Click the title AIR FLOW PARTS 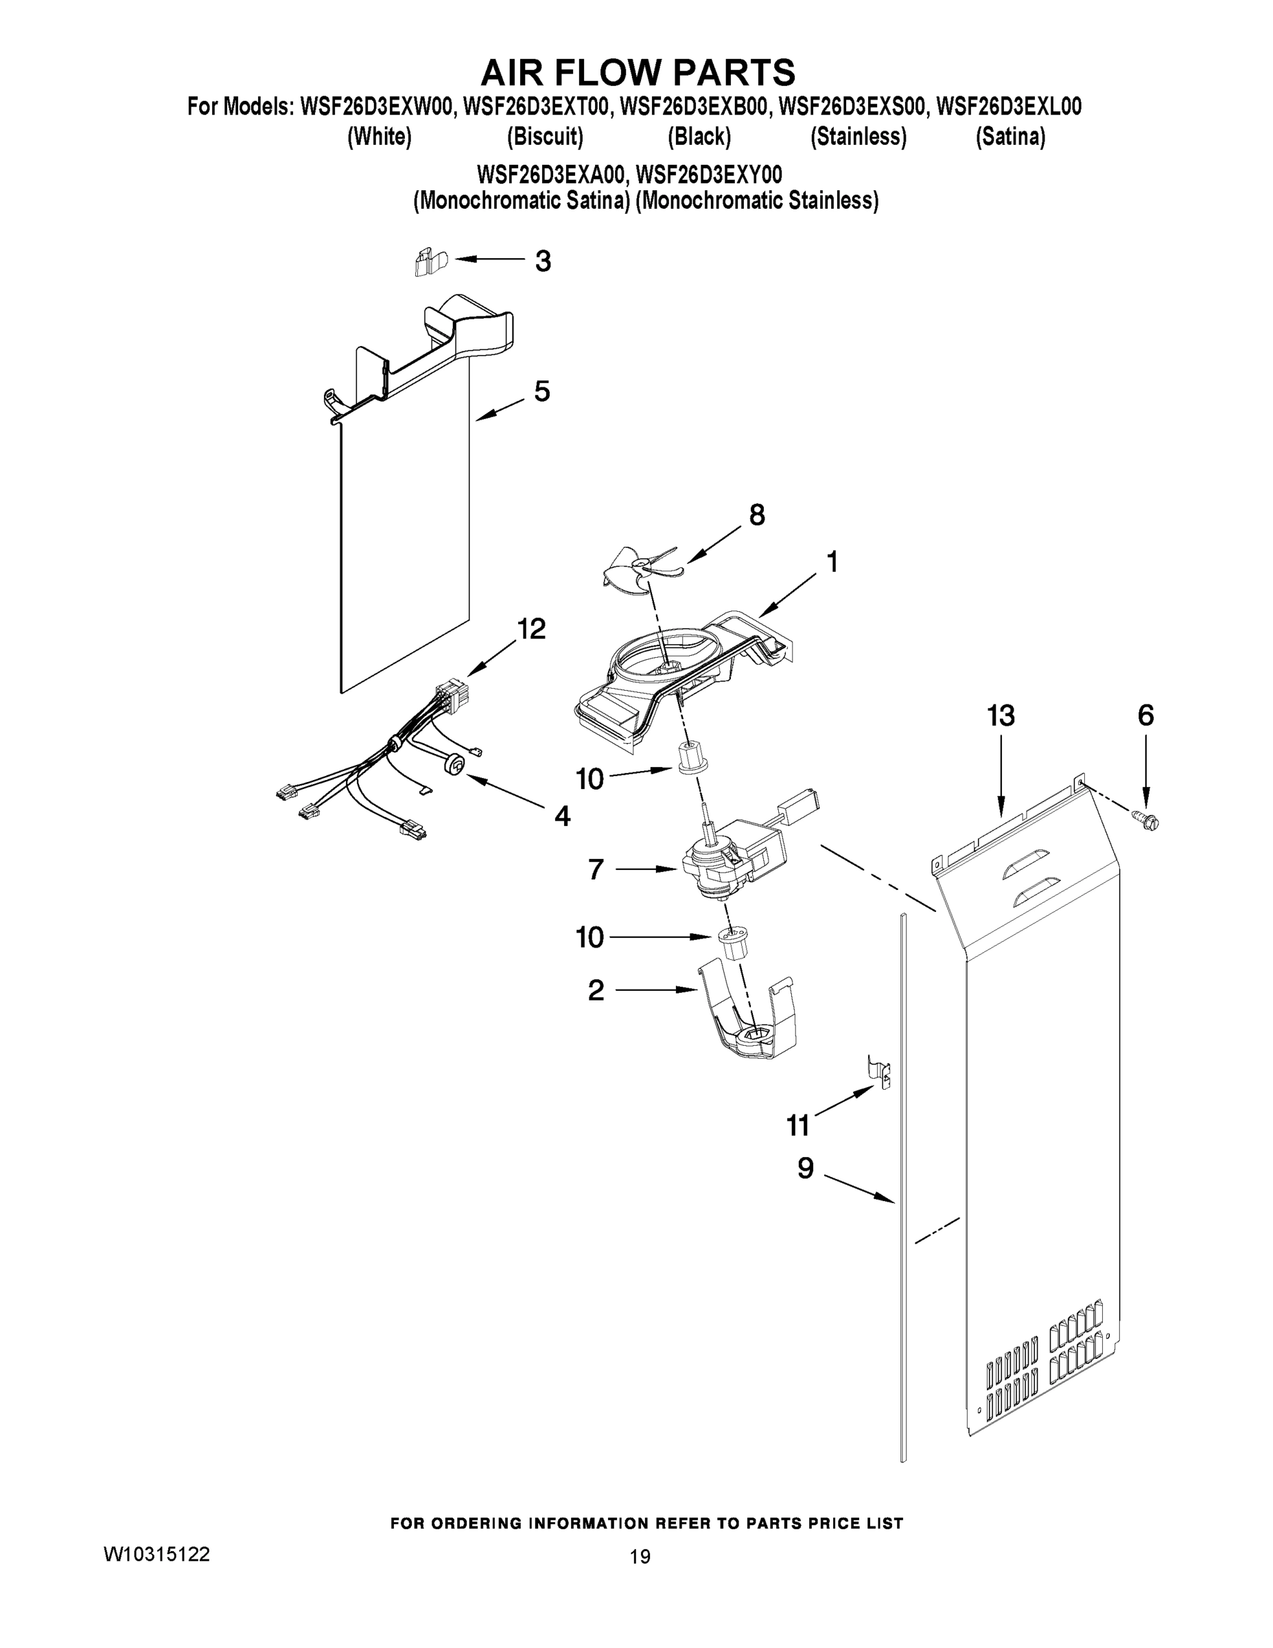638,72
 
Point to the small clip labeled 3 430,262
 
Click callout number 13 1001,716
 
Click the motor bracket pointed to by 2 747,1011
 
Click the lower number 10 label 589,937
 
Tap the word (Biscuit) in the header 544,137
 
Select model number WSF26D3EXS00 851,107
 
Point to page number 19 640,1556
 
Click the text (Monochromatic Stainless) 756,201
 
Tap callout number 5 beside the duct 541,391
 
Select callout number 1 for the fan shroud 832,562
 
